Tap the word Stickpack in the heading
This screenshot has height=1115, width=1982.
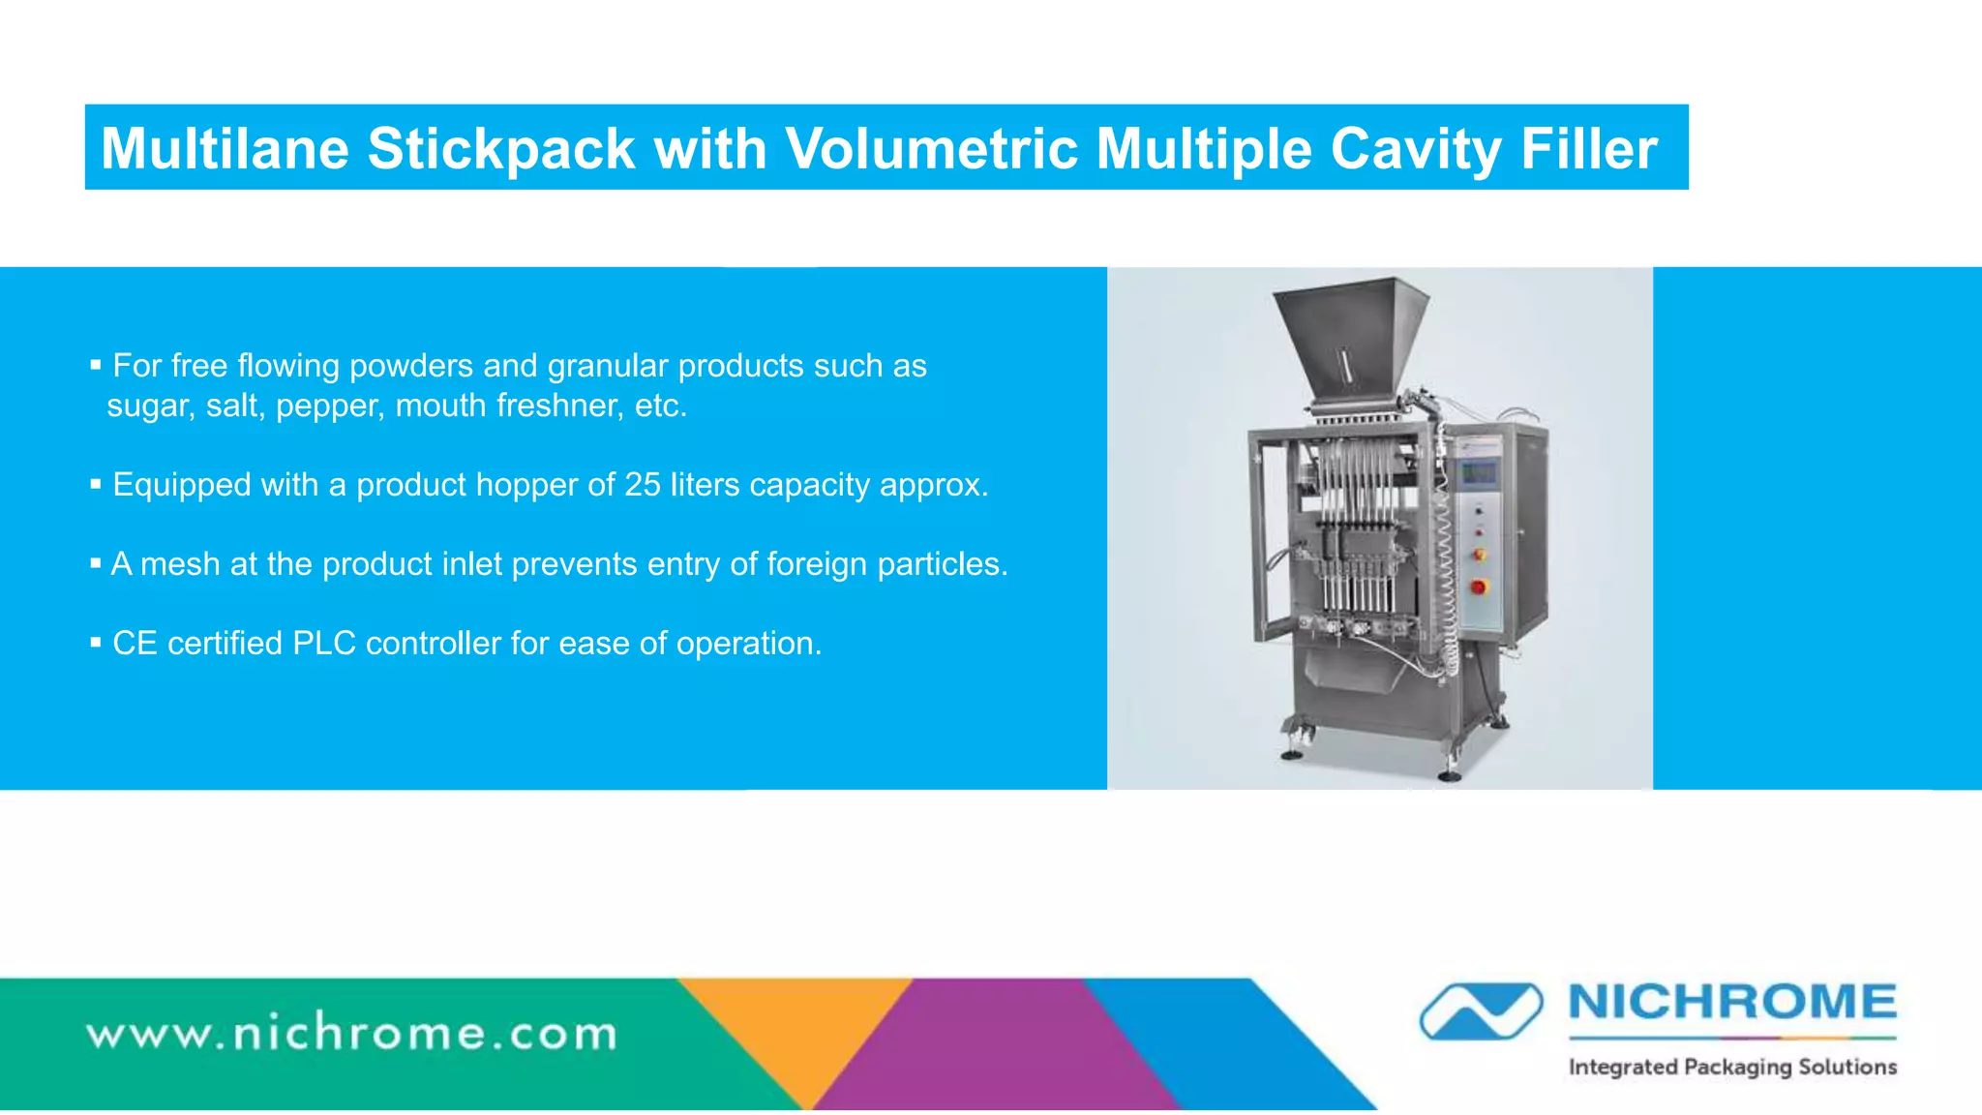(x=500, y=149)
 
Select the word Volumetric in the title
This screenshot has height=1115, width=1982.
(x=931, y=149)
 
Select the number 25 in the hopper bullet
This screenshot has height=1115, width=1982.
(x=642, y=485)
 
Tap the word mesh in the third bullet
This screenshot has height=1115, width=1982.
(x=180, y=564)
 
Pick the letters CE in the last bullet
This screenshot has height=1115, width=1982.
(x=135, y=644)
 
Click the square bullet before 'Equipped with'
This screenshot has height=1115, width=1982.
(x=96, y=484)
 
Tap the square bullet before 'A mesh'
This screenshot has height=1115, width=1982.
(x=96, y=563)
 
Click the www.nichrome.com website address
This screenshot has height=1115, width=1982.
(x=352, y=1035)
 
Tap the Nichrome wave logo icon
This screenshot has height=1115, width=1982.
(x=1481, y=1010)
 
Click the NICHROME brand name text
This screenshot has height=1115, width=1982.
(x=1732, y=1003)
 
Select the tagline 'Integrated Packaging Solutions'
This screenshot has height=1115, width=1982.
(x=1732, y=1068)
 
